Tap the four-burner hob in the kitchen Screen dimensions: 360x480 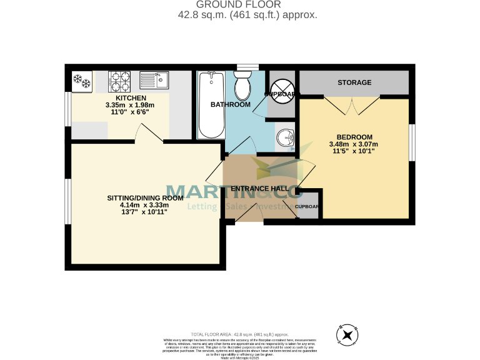(x=119, y=79)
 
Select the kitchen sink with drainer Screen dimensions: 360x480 (x=154, y=79)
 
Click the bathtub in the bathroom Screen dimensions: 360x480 (x=210, y=104)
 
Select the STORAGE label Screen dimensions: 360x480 (x=354, y=82)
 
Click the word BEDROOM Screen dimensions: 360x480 (x=354, y=137)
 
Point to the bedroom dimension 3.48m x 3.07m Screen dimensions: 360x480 (x=354, y=144)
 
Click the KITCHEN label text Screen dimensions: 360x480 (x=131, y=98)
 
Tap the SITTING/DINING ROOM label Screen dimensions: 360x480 (x=144, y=197)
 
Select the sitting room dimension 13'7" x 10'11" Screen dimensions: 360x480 (x=144, y=212)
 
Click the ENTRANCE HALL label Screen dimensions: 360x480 (x=259, y=189)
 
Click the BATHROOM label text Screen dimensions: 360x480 (x=230, y=104)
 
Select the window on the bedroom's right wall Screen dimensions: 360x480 (x=412, y=142)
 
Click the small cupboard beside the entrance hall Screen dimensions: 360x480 (x=307, y=207)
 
